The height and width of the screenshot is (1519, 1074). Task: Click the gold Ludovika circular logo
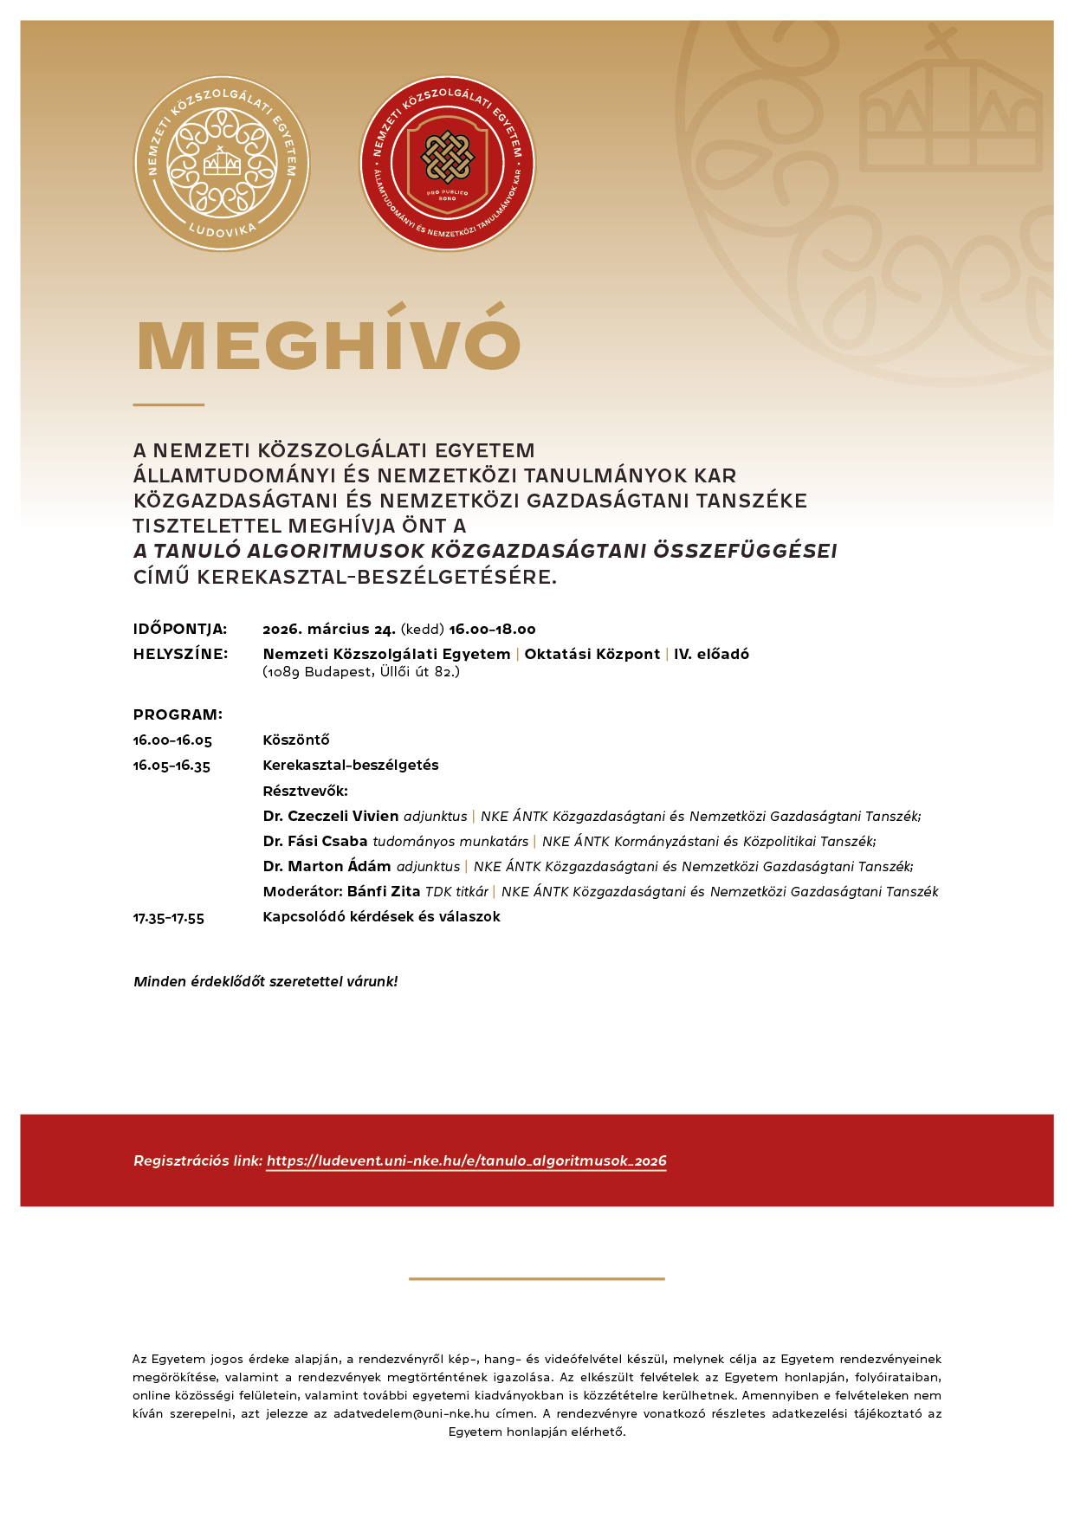point(222,164)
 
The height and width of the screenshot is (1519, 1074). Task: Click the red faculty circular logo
point(447,164)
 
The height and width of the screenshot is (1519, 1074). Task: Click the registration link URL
point(466,1161)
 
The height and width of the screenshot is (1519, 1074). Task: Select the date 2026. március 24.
point(329,630)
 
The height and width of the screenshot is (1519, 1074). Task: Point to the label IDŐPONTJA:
point(180,630)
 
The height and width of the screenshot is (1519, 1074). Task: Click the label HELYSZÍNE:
point(180,655)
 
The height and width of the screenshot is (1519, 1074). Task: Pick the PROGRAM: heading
point(178,715)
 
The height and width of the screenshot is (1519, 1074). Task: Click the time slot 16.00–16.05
point(172,740)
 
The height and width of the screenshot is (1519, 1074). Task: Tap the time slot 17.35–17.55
point(169,918)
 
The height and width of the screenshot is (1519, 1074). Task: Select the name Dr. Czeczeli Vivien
point(331,817)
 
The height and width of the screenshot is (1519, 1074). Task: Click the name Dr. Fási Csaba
point(315,842)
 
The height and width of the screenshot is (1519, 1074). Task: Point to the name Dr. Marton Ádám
point(327,867)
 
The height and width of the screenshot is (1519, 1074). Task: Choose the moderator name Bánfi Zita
point(384,892)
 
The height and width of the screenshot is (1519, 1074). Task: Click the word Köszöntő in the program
point(296,740)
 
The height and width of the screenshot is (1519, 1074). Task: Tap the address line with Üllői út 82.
point(361,672)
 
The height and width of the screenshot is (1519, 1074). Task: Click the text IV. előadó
point(711,655)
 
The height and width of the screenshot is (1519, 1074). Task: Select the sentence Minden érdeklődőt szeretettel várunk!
point(266,982)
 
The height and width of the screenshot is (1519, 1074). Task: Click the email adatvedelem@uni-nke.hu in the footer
point(411,1414)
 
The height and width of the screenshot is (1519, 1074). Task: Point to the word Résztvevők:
point(305,792)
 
